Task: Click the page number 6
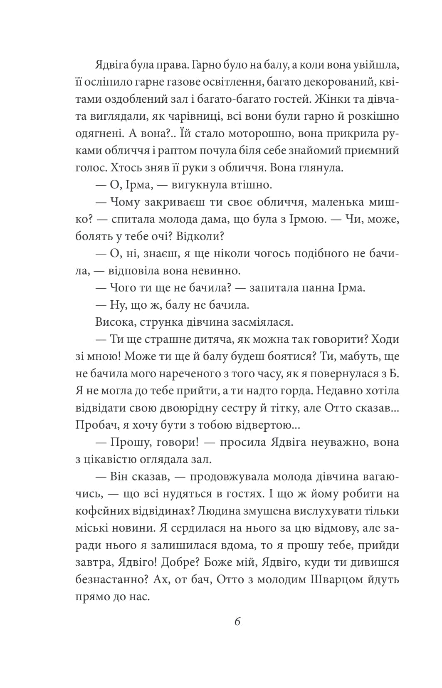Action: [x=237, y=622]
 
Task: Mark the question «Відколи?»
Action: [x=200, y=236]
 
